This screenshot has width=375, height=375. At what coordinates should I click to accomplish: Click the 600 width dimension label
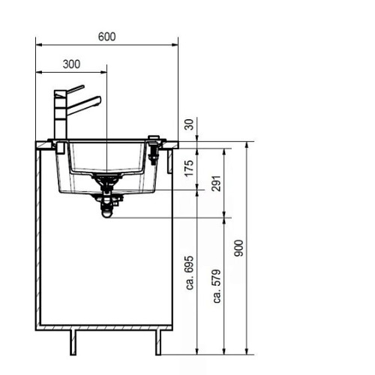tap(106, 37)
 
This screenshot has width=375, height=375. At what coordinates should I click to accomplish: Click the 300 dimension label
tap(71, 64)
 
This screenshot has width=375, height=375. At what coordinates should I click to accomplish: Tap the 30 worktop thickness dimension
tap(189, 124)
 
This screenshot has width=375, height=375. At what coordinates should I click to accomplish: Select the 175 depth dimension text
tap(189, 168)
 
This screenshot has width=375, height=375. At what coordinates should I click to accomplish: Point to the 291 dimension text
tap(217, 184)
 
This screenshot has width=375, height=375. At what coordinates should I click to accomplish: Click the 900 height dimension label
tap(238, 248)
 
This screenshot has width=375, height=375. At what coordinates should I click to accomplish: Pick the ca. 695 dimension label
tap(190, 272)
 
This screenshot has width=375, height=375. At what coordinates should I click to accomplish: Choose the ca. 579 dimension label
tap(217, 286)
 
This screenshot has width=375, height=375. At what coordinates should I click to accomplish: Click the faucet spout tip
tap(100, 100)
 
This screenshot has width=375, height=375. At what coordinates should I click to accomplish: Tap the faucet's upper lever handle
tap(75, 89)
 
